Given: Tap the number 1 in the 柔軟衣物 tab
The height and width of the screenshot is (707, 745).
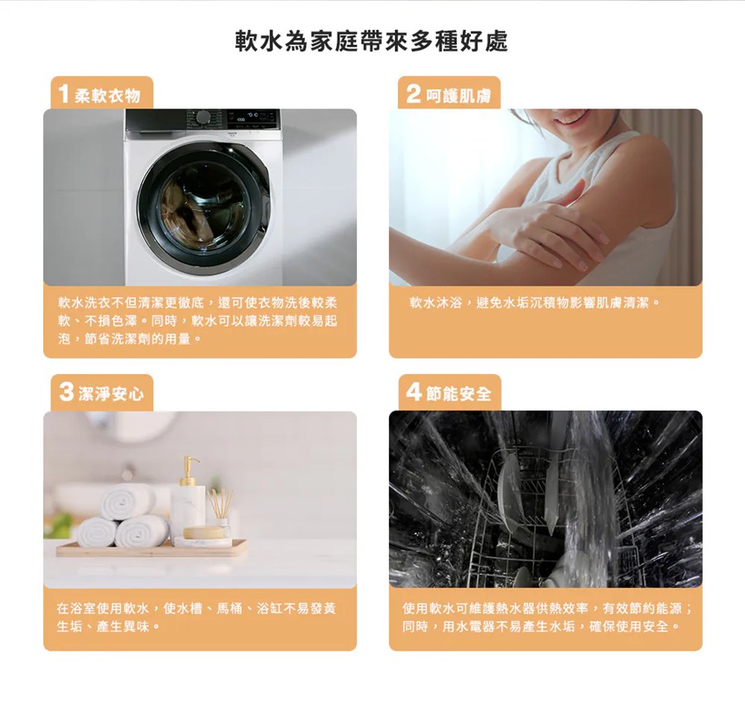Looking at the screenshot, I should tap(62, 94).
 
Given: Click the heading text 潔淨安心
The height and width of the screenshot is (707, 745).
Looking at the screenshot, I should tap(111, 395).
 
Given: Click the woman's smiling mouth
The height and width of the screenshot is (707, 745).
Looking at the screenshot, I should tap(572, 117).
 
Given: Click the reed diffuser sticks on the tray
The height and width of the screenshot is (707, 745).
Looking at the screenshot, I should tap(220, 507).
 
